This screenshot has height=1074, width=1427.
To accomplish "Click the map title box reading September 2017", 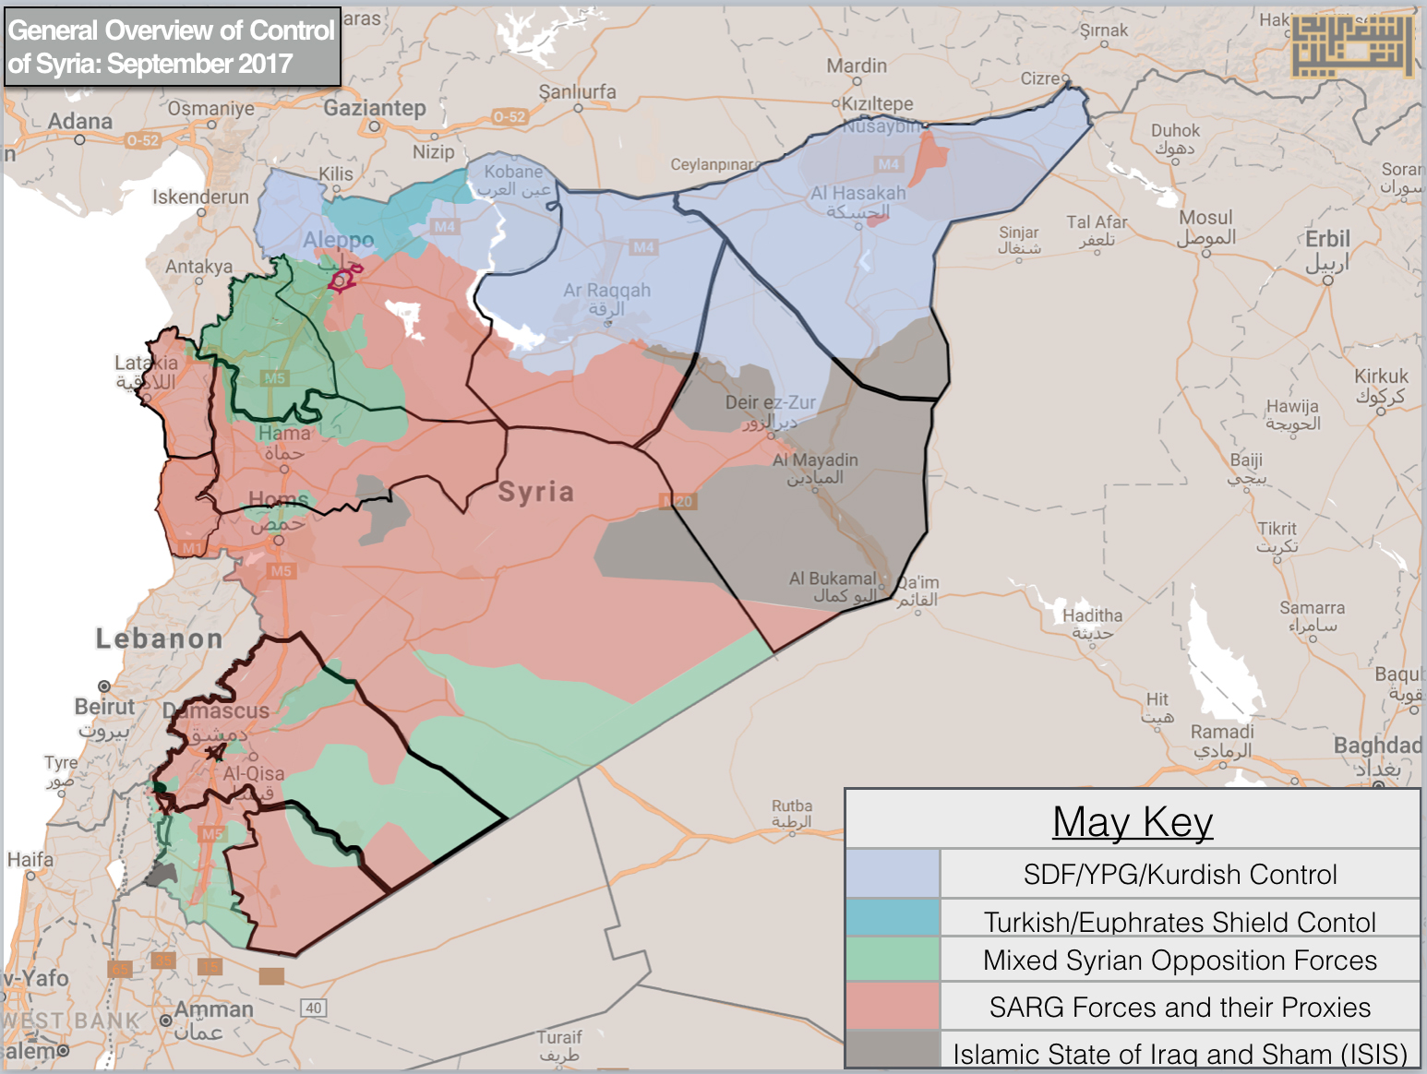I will [x=172, y=46].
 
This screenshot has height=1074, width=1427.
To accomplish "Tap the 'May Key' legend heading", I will [x=1132, y=820].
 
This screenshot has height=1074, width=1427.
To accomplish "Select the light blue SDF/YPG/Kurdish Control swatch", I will [x=892, y=873].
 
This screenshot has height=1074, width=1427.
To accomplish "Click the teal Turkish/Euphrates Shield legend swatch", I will [x=892, y=919].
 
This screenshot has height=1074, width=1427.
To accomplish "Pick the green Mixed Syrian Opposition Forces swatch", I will [x=892, y=960].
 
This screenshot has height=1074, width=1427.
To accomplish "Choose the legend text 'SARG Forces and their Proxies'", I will [x=1180, y=1007].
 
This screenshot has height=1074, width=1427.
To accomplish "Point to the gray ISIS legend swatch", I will [x=892, y=1049].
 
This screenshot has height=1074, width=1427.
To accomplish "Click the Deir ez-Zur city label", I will [x=770, y=403].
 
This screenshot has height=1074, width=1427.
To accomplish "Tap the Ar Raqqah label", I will [x=606, y=291].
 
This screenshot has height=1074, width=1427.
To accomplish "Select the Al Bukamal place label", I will [x=832, y=579].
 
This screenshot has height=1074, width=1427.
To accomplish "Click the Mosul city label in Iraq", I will [x=1205, y=219].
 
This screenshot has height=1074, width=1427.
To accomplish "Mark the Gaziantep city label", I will [x=374, y=108].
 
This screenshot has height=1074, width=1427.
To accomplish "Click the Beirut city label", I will [x=104, y=707].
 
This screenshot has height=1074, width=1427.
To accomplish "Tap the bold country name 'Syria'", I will [x=535, y=492].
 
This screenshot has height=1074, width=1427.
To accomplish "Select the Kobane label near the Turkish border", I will [x=513, y=172].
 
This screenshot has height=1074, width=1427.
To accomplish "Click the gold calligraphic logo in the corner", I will [x=1351, y=45].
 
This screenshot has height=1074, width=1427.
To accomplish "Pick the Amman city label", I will [x=213, y=1009].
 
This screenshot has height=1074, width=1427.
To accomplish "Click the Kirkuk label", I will [x=1381, y=376].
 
